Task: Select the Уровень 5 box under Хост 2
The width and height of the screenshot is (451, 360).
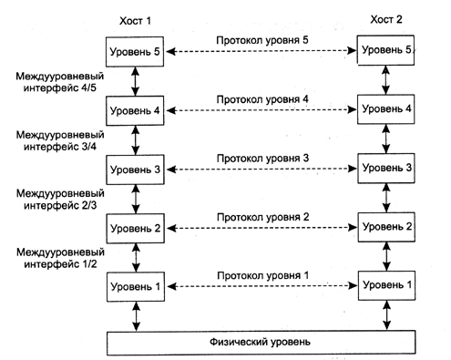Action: tap(388, 50)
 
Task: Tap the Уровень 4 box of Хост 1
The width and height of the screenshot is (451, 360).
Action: tap(135, 110)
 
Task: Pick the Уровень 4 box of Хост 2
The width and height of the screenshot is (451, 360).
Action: tap(388, 109)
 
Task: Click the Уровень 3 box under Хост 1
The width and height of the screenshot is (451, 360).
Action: tap(135, 170)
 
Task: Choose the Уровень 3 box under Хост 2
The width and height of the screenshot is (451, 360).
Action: tap(388, 168)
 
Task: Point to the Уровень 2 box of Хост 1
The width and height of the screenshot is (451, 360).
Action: tap(135, 228)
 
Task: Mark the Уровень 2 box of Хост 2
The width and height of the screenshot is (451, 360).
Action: tap(388, 226)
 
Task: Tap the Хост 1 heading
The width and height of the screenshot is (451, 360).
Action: tap(135, 18)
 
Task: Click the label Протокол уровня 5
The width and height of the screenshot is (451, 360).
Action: tap(263, 41)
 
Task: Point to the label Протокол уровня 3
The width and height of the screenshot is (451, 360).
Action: tap(263, 159)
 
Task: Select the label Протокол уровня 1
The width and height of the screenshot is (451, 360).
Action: tap(263, 274)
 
